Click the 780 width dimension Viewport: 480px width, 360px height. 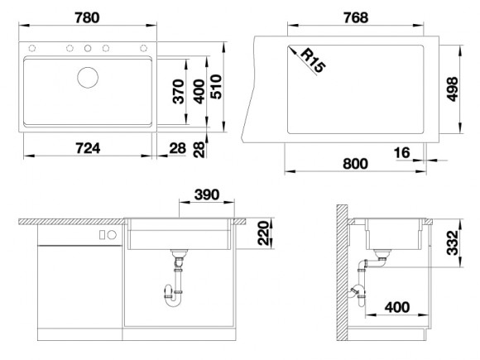click(x=87, y=17)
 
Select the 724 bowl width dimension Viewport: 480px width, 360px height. click(x=88, y=148)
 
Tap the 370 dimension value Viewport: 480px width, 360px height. click(x=179, y=92)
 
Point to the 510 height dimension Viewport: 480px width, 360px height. click(x=216, y=87)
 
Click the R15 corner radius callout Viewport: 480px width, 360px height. click(x=312, y=61)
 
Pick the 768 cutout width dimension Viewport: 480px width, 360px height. click(x=356, y=17)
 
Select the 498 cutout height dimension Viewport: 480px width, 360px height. click(x=452, y=89)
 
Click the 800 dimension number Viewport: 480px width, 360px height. click(x=355, y=164)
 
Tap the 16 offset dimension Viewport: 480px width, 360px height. click(x=401, y=153)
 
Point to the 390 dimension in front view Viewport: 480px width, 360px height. click(x=207, y=194)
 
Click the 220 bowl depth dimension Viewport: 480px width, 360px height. click(x=263, y=233)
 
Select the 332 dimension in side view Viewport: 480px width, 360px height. click(x=452, y=242)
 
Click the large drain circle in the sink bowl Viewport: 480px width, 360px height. click(x=88, y=78)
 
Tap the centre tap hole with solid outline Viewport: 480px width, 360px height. click(x=88, y=48)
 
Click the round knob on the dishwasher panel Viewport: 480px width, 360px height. click(x=112, y=235)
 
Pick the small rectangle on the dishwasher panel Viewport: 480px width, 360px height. click(x=103, y=235)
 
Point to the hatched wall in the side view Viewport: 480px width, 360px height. click(x=342, y=272)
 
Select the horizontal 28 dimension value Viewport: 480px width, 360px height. click(x=178, y=148)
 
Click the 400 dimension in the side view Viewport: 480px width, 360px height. click(x=397, y=307)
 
